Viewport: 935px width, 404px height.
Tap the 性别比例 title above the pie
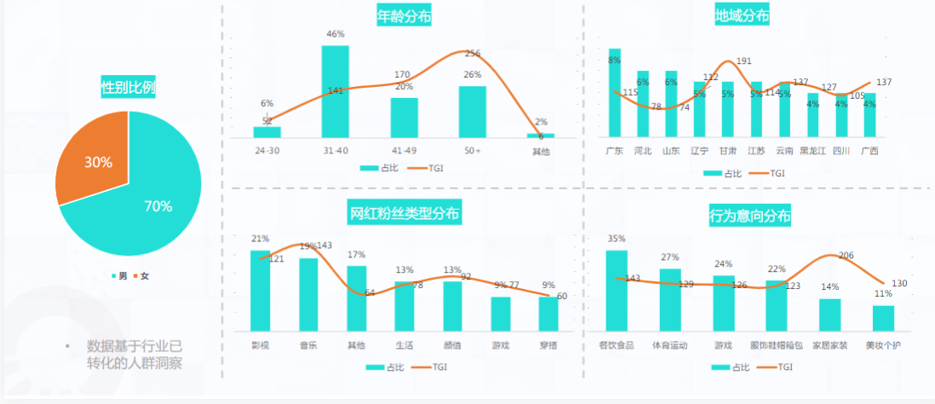[x=128, y=87]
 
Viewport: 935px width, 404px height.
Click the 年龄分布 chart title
[x=404, y=15]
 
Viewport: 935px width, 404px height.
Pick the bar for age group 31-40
[x=335, y=92]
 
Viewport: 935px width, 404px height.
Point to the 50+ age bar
[x=472, y=112]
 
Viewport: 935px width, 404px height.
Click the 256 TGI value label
[x=473, y=54]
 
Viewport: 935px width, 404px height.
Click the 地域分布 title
[x=743, y=15]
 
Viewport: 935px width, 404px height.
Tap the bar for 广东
[x=615, y=94]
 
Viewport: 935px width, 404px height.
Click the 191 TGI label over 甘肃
[x=743, y=61]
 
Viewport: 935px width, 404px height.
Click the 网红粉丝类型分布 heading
[x=404, y=212]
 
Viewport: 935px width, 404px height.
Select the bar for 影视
[x=260, y=291]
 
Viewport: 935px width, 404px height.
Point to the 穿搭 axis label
[x=548, y=345]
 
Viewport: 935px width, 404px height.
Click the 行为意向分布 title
[x=749, y=216]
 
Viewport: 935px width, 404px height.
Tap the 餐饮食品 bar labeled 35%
[x=617, y=291]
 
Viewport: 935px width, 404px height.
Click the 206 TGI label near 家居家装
[x=846, y=256]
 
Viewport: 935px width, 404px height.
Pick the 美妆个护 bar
[x=883, y=318]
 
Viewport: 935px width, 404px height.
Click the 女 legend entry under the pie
[x=143, y=275]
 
